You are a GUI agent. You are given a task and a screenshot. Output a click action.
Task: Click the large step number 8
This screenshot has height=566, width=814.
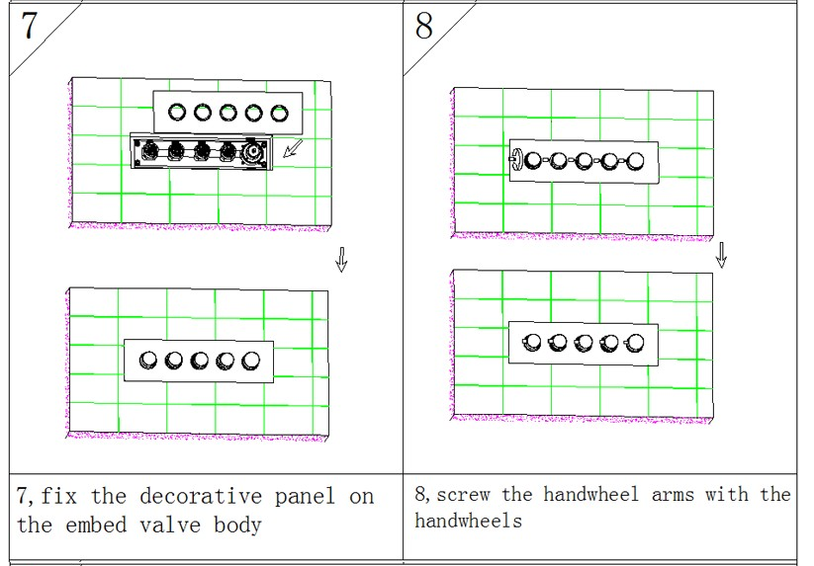tap(423, 26)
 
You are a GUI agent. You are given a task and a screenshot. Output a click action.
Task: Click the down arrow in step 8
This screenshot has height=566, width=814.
tap(721, 255)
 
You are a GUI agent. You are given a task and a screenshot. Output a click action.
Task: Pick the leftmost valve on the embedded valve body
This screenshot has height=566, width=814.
tap(151, 151)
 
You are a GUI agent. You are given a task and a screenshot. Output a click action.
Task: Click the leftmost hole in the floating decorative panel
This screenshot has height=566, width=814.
tap(178, 113)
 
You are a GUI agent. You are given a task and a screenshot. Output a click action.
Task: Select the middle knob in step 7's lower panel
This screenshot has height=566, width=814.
tap(200, 361)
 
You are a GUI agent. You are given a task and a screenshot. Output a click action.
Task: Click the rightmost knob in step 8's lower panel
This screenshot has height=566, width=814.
tap(635, 343)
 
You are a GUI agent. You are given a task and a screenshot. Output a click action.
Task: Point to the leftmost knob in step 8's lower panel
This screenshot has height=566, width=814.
tap(532, 343)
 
